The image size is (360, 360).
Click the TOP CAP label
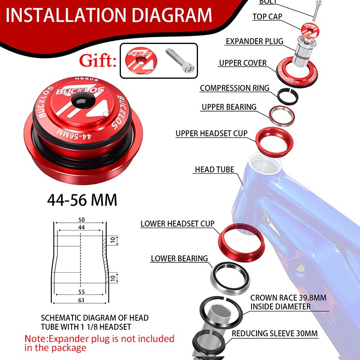click(267, 17)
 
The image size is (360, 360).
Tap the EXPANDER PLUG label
click(254, 41)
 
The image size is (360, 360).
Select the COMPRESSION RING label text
click(234, 88)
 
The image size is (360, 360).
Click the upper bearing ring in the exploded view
click(272, 119)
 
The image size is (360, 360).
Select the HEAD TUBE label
click(215, 170)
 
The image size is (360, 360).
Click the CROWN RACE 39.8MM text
click(288, 298)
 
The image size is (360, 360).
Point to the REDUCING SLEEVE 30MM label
click(274, 333)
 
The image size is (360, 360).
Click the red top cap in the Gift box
click(141, 60)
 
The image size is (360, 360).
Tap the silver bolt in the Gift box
click(180, 61)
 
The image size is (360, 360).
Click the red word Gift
click(98, 60)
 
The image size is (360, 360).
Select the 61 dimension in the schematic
click(81, 300)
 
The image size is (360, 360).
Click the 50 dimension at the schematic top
click(81, 220)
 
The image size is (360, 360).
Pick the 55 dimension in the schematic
click(81, 292)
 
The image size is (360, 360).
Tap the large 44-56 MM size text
click(82, 200)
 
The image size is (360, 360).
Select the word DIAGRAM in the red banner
click(172, 15)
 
